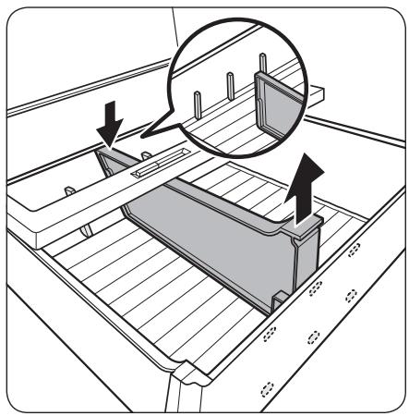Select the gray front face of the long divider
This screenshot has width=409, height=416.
[212, 231]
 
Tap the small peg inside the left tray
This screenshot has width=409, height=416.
[67, 190]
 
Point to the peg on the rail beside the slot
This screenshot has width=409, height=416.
[145, 153]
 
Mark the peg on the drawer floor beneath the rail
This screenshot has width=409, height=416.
[84, 227]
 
